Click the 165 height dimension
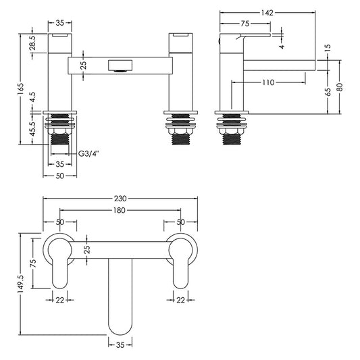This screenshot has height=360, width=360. coord(21,88)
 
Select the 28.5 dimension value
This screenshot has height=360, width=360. coord(32,44)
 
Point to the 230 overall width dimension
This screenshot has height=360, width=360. coord(120,199)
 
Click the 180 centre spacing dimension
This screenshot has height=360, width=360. coord(120,211)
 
